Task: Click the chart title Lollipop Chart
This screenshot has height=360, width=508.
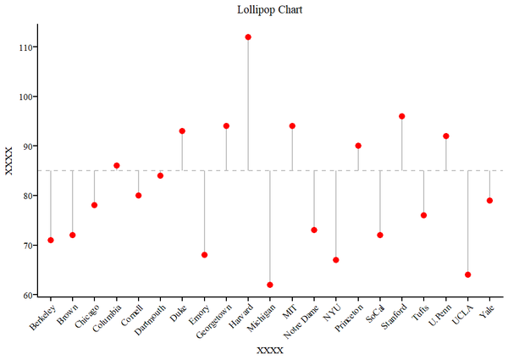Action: point(269,10)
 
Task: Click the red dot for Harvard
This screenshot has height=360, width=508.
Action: point(248,37)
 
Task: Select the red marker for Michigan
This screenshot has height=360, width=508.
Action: point(270,285)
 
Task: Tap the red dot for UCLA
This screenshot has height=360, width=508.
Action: point(467,274)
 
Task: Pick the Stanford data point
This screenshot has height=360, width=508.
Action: point(402,116)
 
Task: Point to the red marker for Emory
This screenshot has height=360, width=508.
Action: point(204,255)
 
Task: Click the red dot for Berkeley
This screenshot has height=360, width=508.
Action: point(51,240)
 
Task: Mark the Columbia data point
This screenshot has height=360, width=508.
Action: point(117,166)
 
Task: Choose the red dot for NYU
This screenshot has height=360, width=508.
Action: point(336,260)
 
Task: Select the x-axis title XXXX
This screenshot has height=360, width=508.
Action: point(269,350)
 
